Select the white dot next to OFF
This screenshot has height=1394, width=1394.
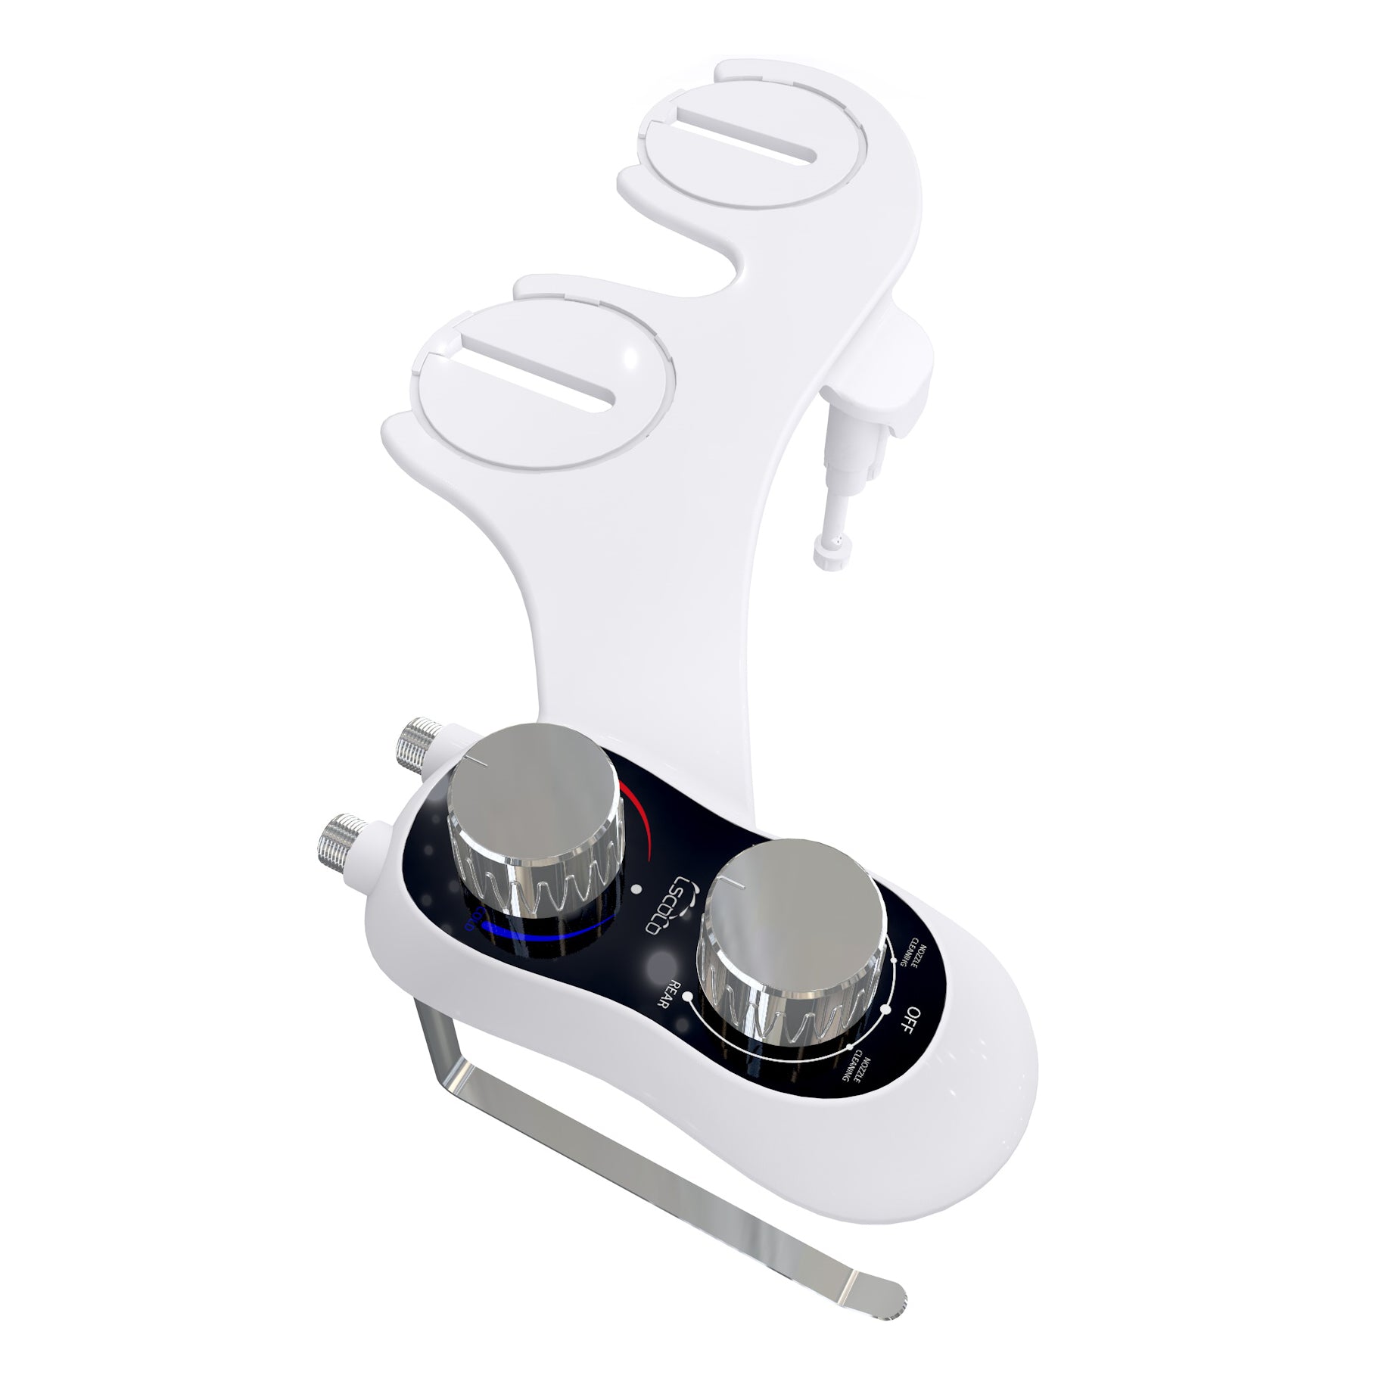[x=885, y=1009]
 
